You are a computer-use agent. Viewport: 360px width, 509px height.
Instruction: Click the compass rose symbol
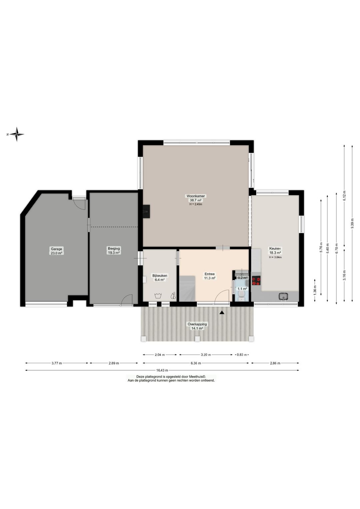pos(17,134)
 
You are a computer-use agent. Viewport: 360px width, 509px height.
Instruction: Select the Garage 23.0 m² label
pos(56,251)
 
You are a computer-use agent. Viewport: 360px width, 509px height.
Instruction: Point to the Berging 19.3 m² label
pos(114,250)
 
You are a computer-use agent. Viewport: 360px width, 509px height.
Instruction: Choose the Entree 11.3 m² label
pos(210,276)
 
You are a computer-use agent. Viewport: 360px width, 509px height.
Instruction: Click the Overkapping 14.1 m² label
pos(197,326)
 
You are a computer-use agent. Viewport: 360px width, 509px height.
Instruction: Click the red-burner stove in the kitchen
pos(256,281)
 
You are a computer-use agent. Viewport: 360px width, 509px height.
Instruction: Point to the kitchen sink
pos(283,296)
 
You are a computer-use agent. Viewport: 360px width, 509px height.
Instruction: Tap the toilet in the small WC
pos(241,296)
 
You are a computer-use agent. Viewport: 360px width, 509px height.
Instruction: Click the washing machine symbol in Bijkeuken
pos(158,296)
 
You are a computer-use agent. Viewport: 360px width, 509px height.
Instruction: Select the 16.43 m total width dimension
pos(162,370)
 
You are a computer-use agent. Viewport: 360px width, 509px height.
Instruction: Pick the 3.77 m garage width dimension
pos(57,363)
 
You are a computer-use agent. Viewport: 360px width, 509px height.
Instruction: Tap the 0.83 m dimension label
pos(242,355)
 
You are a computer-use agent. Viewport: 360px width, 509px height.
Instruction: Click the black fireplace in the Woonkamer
pos(146,211)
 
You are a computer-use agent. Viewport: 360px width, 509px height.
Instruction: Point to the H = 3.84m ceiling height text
pos(275,257)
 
